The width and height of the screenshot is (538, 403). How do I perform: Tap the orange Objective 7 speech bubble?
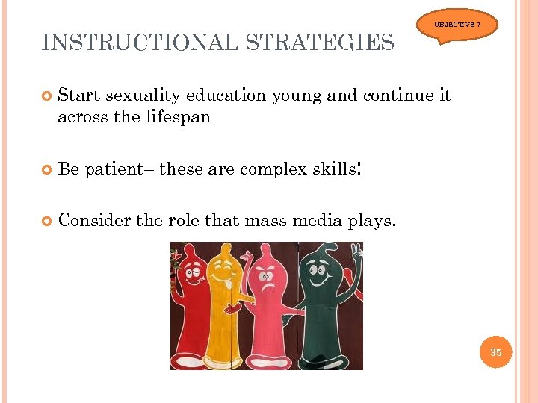pyautogui.click(x=464, y=25)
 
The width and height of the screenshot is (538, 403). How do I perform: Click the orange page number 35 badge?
pyautogui.click(x=495, y=352)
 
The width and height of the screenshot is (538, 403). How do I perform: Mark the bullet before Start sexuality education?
pyautogui.click(x=47, y=96)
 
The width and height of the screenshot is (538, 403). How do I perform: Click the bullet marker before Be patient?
pyautogui.click(x=47, y=169)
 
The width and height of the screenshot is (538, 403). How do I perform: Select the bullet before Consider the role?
pyautogui.click(x=47, y=221)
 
